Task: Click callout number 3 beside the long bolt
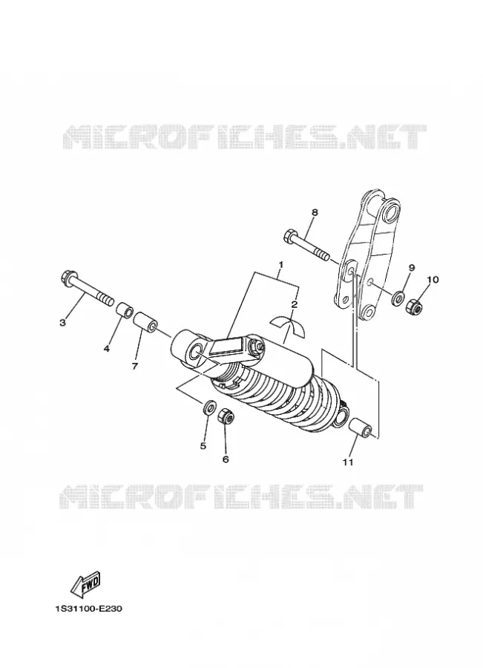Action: (x=62, y=323)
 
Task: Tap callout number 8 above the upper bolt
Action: (x=315, y=212)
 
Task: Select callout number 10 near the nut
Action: (x=433, y=280)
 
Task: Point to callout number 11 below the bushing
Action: (x=348, y=462)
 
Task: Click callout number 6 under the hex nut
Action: (x=226, y=459)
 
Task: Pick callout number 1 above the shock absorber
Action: (x=280, y=264)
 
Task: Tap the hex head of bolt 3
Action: (x=68, y=278)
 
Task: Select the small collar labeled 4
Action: (x=123, y=310)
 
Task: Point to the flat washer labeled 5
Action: (x=209, y=407)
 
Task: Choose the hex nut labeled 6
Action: (x=225, y=416)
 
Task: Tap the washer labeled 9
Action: (x=398, y=298)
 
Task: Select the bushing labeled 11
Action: (x=363, y=428)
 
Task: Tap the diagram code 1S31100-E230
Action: (x=88, y=609)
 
